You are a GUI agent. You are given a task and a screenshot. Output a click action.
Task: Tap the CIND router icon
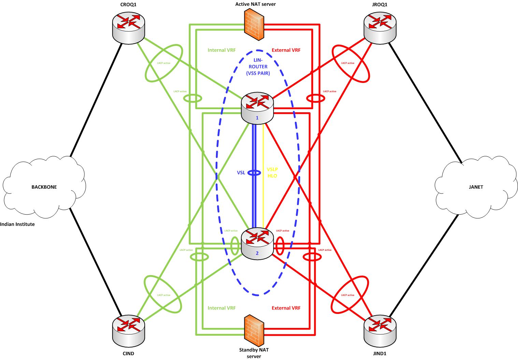[x=128, y=330]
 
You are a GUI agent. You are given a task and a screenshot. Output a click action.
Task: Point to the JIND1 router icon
[x=379, y=330]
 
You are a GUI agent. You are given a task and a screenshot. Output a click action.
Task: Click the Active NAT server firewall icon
[x=254, y=25]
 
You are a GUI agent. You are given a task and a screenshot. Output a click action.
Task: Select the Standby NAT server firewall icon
[x=254, y=330]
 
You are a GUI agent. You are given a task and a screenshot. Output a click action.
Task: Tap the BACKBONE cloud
[x=44, y=187]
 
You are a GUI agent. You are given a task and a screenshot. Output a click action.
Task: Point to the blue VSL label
[x=242, y=173]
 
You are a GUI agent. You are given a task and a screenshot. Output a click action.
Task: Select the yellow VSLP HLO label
[x=272, y=173]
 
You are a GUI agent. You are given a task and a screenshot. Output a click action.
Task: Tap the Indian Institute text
[x=17, y=225]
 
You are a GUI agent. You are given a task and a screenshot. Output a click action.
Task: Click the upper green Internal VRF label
[x=221, y=50]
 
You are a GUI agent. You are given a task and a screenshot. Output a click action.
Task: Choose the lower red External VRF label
[x=286, y=308]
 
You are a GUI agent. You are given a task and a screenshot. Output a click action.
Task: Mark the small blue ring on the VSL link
[x=254, y=173]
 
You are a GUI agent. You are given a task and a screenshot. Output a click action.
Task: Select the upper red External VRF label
[x=286, y=50]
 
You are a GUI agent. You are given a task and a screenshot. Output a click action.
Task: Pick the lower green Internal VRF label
[x=221, y=308]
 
